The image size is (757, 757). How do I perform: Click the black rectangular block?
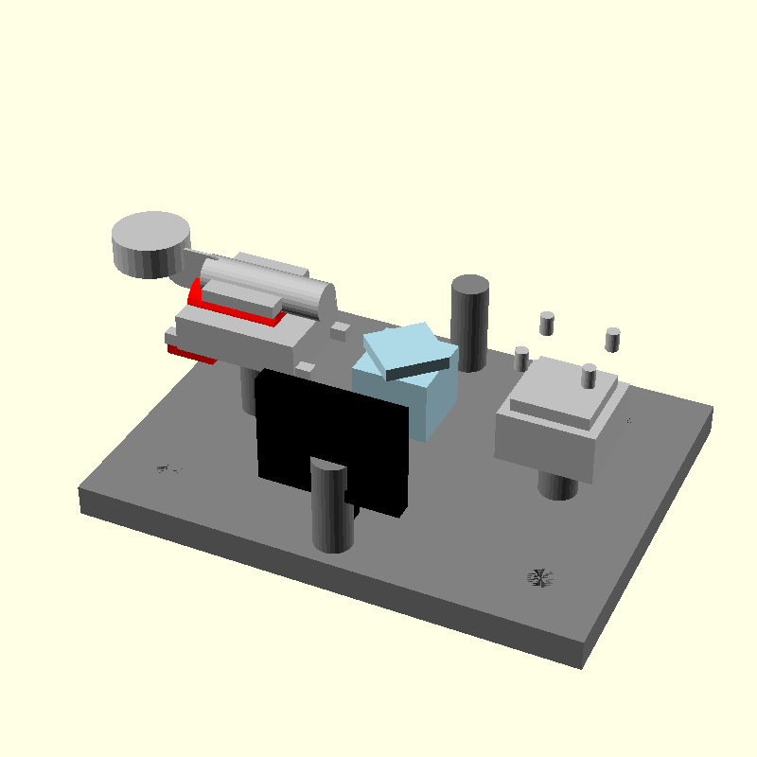tap(331, 435)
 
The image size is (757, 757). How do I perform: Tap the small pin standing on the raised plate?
tap(589, 376)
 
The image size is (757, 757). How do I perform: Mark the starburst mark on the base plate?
tap(540, 577)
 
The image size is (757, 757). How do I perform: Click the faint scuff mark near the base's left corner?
tap(168, 468)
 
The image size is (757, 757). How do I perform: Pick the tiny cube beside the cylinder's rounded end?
tap(339, 330)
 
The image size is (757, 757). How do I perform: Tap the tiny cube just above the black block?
tap(306, 366)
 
